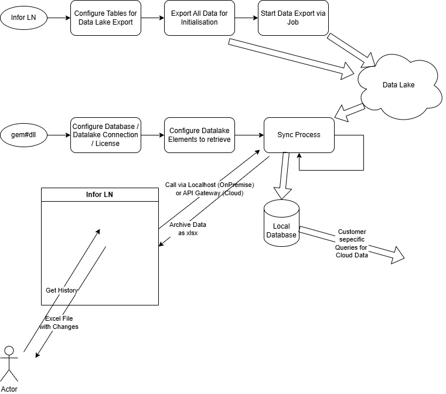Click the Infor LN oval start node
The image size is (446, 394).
pos(24,18)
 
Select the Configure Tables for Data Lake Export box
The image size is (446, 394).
pos(105,18)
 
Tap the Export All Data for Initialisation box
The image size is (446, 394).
pos(199,18)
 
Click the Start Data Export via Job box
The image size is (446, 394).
pos(293,18)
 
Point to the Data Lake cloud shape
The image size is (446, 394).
pos(398,85)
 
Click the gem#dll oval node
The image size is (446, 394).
pos(24,135)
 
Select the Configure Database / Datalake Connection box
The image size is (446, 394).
pos(105,135)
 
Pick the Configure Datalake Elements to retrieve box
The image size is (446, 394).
pos(199,135)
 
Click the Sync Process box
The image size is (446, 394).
pos(299,135)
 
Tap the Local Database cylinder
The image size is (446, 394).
pos(281,226)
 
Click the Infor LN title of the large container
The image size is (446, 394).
pos(100,194)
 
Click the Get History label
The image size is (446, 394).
pos(62,290)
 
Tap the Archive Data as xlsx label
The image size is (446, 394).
pos(188,228)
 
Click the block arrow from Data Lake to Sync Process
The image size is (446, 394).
pos(349,108)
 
